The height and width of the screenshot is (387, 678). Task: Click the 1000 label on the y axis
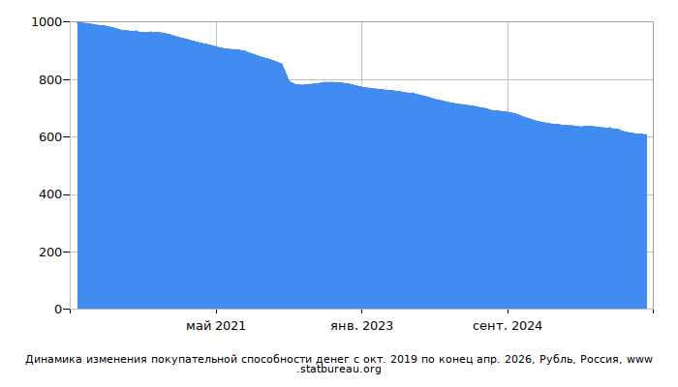(46, 22)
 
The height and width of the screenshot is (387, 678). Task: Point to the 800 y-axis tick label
(50, 80)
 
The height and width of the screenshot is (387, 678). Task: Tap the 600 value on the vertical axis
(50, 137)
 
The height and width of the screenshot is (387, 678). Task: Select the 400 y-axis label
(50, 194)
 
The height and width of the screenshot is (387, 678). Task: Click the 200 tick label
(50, 253)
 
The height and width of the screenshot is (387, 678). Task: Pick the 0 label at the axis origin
(58, 310)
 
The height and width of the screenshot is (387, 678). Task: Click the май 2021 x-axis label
(216, 326)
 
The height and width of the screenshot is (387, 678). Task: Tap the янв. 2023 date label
(361, 326)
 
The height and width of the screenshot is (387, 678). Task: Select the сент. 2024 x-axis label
(508, 326)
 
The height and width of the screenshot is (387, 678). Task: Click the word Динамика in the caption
(53, 359)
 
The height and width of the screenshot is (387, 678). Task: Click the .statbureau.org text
(339, 370)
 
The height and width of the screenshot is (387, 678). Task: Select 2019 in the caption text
(404, 359)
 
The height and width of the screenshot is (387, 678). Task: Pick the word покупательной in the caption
(194, 359)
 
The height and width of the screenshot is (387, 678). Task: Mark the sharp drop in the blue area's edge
(287, 73)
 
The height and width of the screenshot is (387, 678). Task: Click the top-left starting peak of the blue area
(77, 22)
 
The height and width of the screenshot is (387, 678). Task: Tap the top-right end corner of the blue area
(646, 134)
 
